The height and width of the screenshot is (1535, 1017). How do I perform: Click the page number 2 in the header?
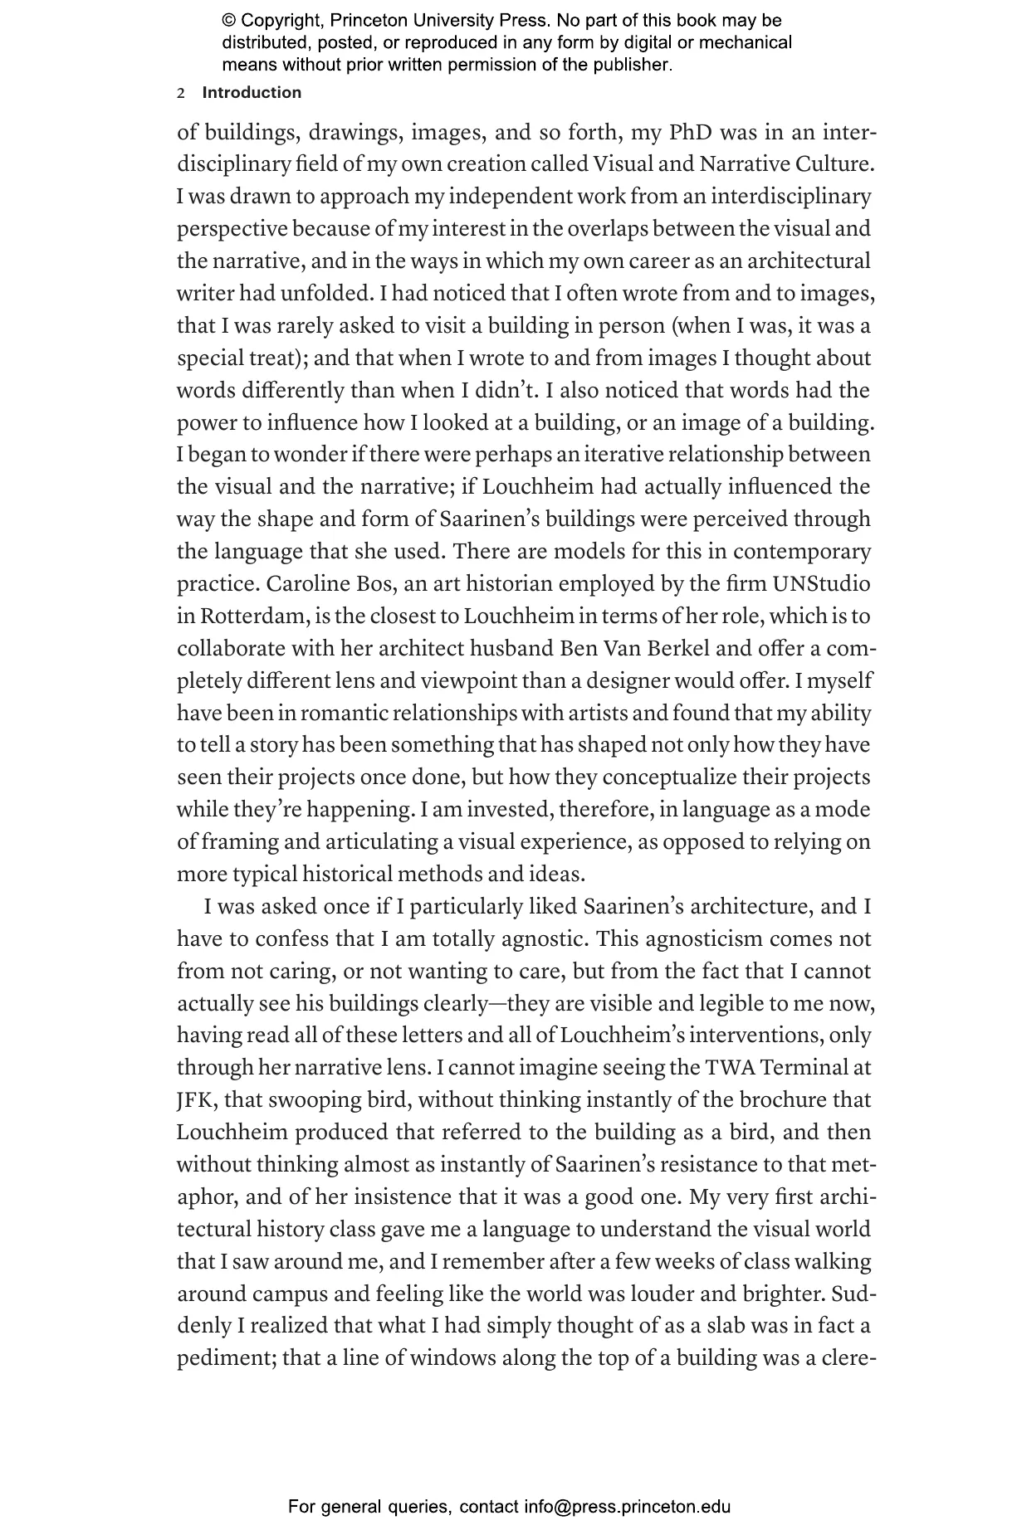coord(181,94)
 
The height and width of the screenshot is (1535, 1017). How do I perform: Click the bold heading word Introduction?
coord(252,93)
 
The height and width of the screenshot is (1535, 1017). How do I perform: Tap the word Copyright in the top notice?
coord(280,21)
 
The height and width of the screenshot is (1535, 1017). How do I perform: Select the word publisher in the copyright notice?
coord(633,65)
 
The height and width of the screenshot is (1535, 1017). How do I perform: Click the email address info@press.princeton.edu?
coord(627,1507)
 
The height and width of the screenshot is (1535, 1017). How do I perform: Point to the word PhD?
coord(691,133)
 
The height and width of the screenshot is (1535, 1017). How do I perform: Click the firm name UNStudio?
coord(821,584)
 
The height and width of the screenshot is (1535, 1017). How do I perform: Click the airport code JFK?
coord(196,1100)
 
